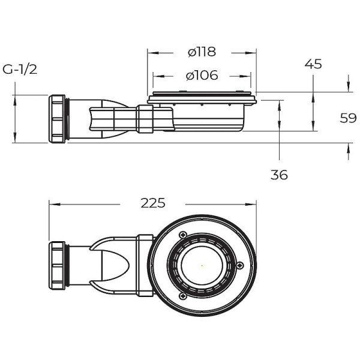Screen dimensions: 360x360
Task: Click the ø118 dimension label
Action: pyautogui.click(x=202, y=52)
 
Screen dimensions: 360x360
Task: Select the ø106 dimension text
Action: pyautogui.click(x=202, y=76)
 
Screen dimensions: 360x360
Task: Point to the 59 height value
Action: pyautogui.click(x=348, y=118)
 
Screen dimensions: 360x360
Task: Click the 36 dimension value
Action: pyautogui.click(x=279, y=175)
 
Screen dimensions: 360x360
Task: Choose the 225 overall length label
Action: pyautogui.click(x=153, y=203)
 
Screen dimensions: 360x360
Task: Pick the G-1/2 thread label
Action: pyautogui.click(x=20, y=69)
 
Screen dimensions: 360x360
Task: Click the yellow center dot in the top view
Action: pyautogui.click(x=202, y=266)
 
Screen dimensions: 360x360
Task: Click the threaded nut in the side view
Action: pyautogui.click(x=58, y=118)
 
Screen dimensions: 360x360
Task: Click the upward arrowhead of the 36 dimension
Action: pyautogui.click(x=280, y=104)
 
